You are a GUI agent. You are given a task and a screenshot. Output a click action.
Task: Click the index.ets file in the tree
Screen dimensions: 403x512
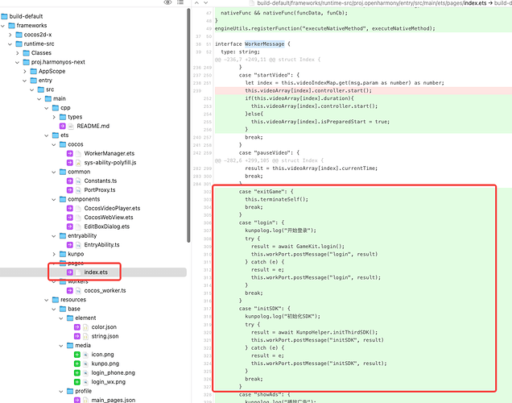95,272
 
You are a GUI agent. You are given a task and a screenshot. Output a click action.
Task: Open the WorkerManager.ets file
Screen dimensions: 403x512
109,152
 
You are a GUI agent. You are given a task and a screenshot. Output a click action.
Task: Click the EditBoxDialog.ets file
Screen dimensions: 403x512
112,226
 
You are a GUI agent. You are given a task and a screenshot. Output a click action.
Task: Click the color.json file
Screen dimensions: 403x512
104,327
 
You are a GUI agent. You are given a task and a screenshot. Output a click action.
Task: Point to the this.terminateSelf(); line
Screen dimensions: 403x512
276,199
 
